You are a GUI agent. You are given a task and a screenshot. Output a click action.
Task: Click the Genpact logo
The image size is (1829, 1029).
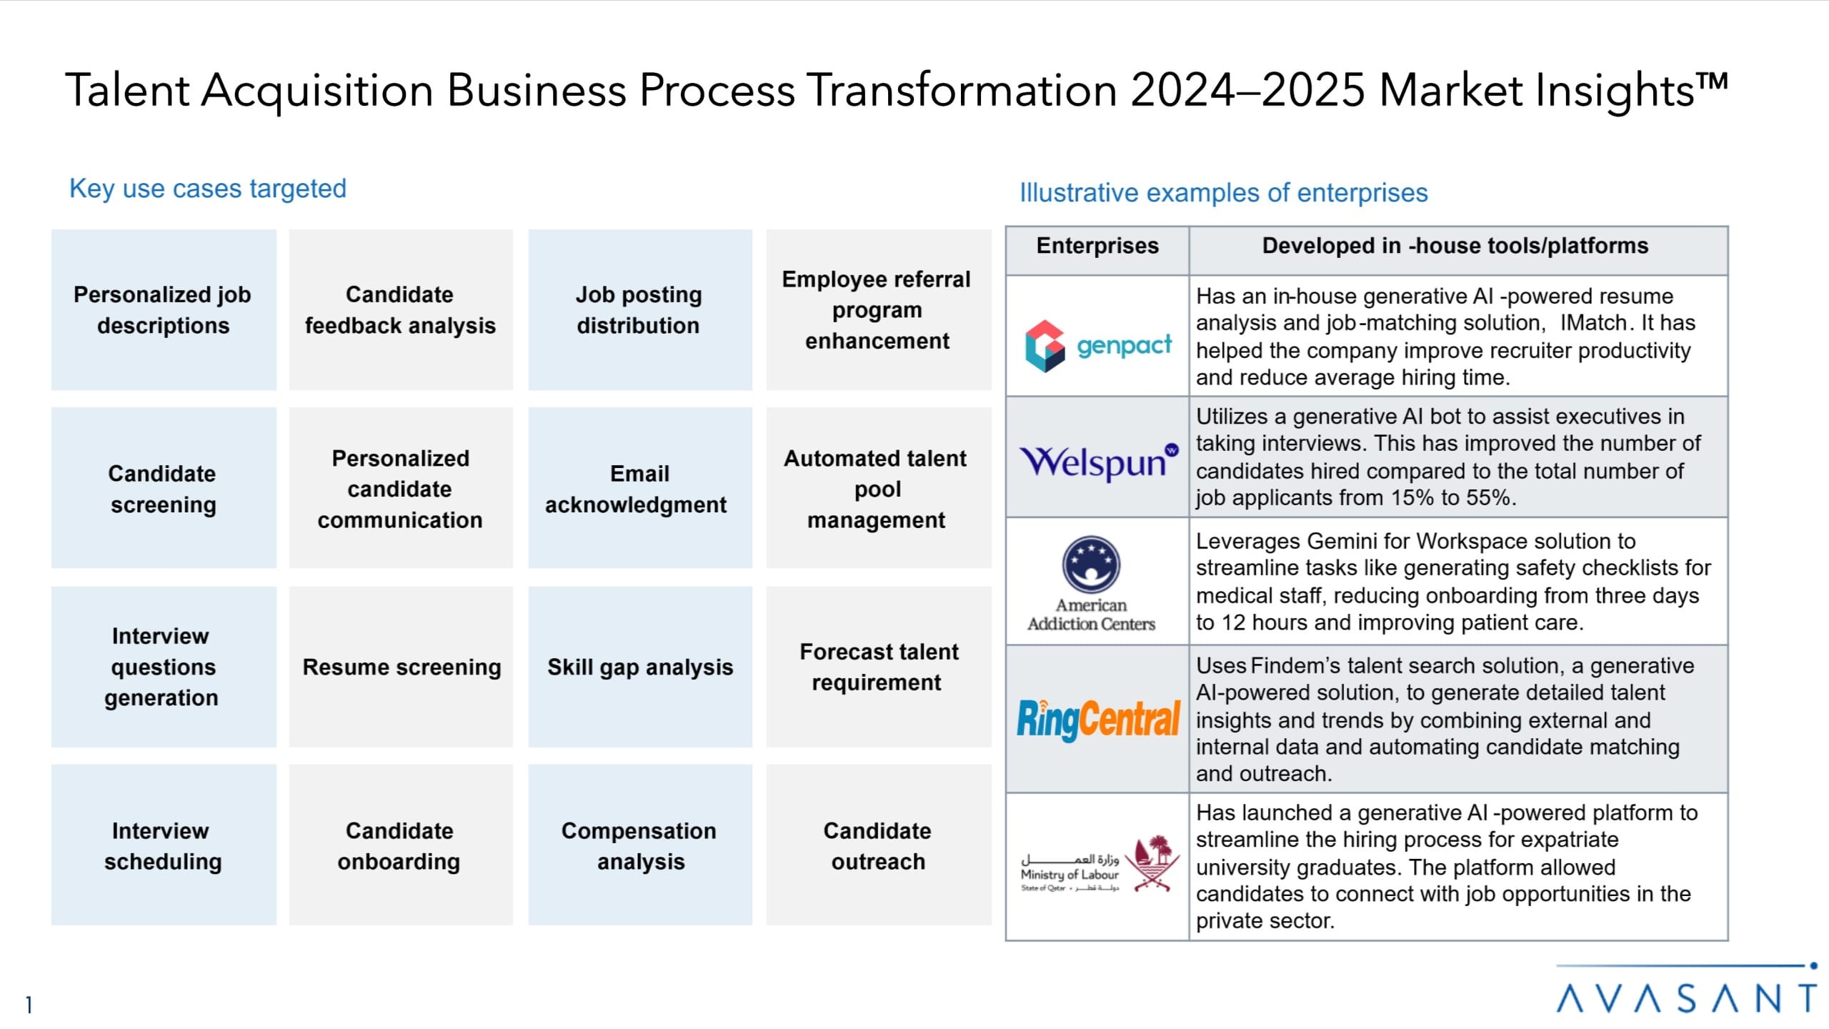[1098, 346]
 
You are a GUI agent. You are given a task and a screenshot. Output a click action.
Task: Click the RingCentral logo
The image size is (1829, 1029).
[1098, 720]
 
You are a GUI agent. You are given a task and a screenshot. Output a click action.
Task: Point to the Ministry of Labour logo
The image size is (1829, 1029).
[1100, 864]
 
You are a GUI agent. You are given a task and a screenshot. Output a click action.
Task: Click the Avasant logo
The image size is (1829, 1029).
[1686, 990]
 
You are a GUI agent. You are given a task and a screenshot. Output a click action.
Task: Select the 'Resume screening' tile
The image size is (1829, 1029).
[401, 667]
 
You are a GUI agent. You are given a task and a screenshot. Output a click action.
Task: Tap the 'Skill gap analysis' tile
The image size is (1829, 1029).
[640, 667]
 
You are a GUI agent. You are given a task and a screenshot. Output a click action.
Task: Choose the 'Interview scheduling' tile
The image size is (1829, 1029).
[164, 845]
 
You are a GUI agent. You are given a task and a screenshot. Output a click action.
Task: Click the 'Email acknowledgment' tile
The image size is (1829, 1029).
[640, 488]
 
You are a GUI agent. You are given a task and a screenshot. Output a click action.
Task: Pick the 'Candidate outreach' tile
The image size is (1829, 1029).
[879, 845]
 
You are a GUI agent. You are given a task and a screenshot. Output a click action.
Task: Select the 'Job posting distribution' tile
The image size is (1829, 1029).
[640, 309]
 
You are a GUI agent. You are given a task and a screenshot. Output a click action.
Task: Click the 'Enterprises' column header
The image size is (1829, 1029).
[1097, 246]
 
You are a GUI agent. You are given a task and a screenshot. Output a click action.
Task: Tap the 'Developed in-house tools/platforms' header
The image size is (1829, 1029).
[1455, 246]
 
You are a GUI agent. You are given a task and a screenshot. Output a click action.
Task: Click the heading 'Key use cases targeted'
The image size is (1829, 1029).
[208, 189]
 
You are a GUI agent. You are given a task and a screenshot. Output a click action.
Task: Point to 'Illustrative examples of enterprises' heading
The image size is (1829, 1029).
[1223, 192]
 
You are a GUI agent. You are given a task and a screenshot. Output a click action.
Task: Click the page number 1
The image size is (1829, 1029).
[29, 1005]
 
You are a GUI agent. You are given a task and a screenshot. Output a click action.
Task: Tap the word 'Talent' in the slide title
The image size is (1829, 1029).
[127, 91]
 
